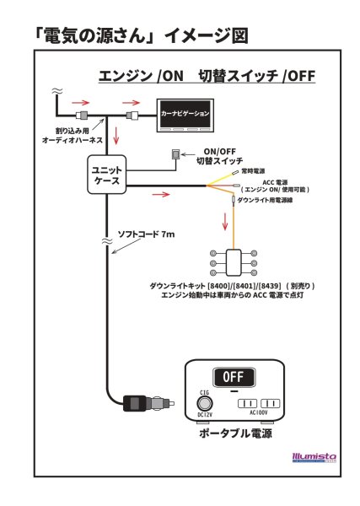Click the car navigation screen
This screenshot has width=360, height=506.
coord(185,115)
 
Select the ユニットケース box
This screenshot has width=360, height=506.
coord(106,175)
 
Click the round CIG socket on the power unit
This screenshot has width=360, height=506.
coord(203,403)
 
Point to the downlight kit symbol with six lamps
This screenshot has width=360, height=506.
coord(231,262)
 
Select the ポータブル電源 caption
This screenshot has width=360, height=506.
coord(235,433)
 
